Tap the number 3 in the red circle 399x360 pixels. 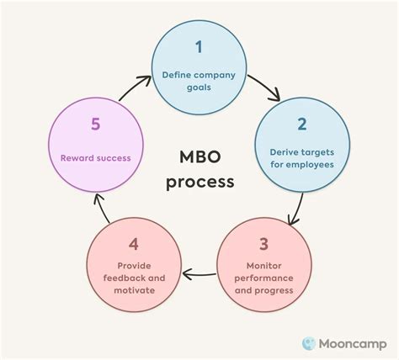click(x=263, y=245)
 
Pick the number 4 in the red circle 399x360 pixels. click(x=134, y=245)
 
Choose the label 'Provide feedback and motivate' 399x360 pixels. click(x=133, y=278)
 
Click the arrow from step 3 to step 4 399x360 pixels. click(x=199, y=273)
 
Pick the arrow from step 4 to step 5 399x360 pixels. click(x=99, y=210)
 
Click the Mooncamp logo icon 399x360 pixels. click(x=310, y=343)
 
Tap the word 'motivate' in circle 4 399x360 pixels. click(x=133, y=290)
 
